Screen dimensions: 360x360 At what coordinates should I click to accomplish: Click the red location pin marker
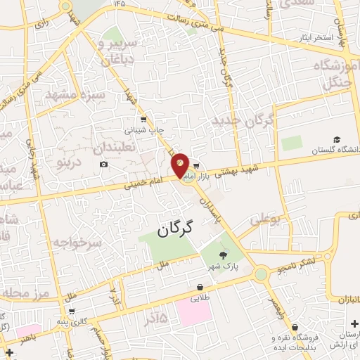(x=180, y=165)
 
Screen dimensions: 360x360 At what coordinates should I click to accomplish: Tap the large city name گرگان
(x=174, y=229)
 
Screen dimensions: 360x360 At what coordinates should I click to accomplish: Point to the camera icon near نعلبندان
(x=104, y=165)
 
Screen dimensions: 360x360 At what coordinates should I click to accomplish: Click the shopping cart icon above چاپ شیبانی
(x=143, y=120)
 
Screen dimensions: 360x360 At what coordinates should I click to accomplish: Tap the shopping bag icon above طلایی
(x=200, y=287)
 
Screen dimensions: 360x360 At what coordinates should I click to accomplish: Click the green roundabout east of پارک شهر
(x=262, y=273)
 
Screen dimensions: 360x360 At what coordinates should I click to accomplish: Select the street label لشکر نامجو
(x=301, y=263)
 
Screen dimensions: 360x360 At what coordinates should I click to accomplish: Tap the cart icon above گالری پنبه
(x=71, y=310)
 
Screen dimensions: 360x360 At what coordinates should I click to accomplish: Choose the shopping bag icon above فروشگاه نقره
(x=295, y=326)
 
